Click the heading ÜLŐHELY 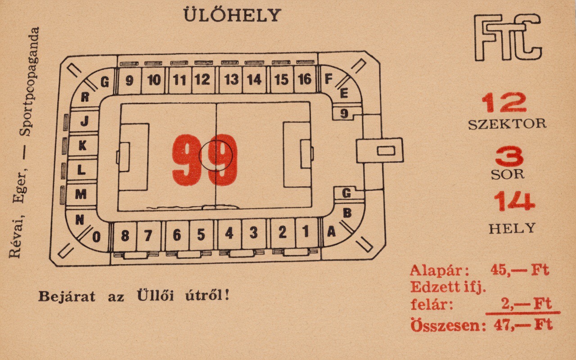tap(232, 15)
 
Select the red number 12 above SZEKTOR tap(504, 103)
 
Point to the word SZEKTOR tap(507, 124)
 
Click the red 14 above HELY tap(514, 201)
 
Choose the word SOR tap(508, 175)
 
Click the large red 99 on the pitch tap(205, 160)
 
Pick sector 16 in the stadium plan tap(305, 80)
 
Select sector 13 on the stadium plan tap(231, 80)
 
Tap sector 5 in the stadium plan tap(201, 234)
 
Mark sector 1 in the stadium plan tap(306, 232)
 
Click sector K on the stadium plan tap(82, 145)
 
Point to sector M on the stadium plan tap(81, 194)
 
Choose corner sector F tap(328, 79)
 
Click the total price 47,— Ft tap(523, 325)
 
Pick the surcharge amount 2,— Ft tap(526, 304)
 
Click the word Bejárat tap(67, 297)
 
